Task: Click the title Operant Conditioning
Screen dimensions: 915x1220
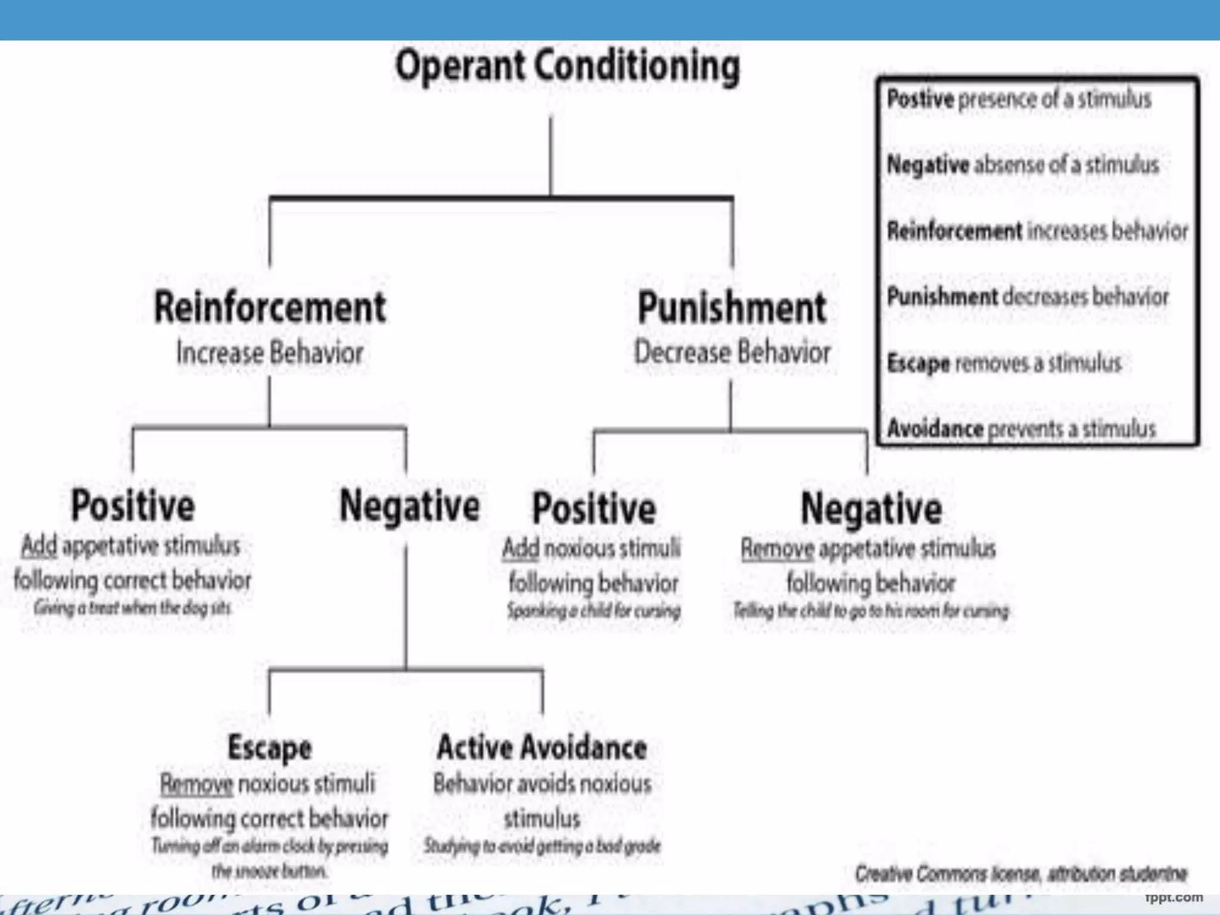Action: click(x=567, y=67)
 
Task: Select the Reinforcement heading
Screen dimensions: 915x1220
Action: click(x=270, y=308)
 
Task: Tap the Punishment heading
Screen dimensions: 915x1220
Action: click(x=732, y=308)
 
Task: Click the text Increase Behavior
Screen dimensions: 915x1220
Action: click(x=270, y=353)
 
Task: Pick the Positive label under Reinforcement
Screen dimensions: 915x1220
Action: click(x=133, y=506)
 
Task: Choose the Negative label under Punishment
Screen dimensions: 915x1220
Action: click(x=871, y=509)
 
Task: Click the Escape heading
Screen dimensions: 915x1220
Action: click(x=269, y=748)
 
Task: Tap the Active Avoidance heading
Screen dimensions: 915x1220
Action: click(x=541, y=748)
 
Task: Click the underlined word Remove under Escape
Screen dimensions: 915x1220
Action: click(x=196, y=785)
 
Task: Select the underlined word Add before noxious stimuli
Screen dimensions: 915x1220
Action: click(x=521, y=549)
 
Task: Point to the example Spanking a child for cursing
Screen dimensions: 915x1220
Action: click(x=593, y=611)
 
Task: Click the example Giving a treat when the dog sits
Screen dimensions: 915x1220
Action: click(x=132, y=608)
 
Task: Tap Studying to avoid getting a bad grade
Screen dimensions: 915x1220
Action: click(x=541, y=846)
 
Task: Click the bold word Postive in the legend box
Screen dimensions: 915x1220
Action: click(x=920, y=99)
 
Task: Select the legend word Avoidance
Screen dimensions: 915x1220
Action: click(x=935, y=429)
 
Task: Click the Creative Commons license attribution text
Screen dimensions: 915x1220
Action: click(x=1021, y=874)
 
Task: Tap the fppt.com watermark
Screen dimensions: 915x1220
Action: click(x=1174, y=897)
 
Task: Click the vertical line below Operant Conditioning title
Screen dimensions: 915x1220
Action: click(x=550, y=155)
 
